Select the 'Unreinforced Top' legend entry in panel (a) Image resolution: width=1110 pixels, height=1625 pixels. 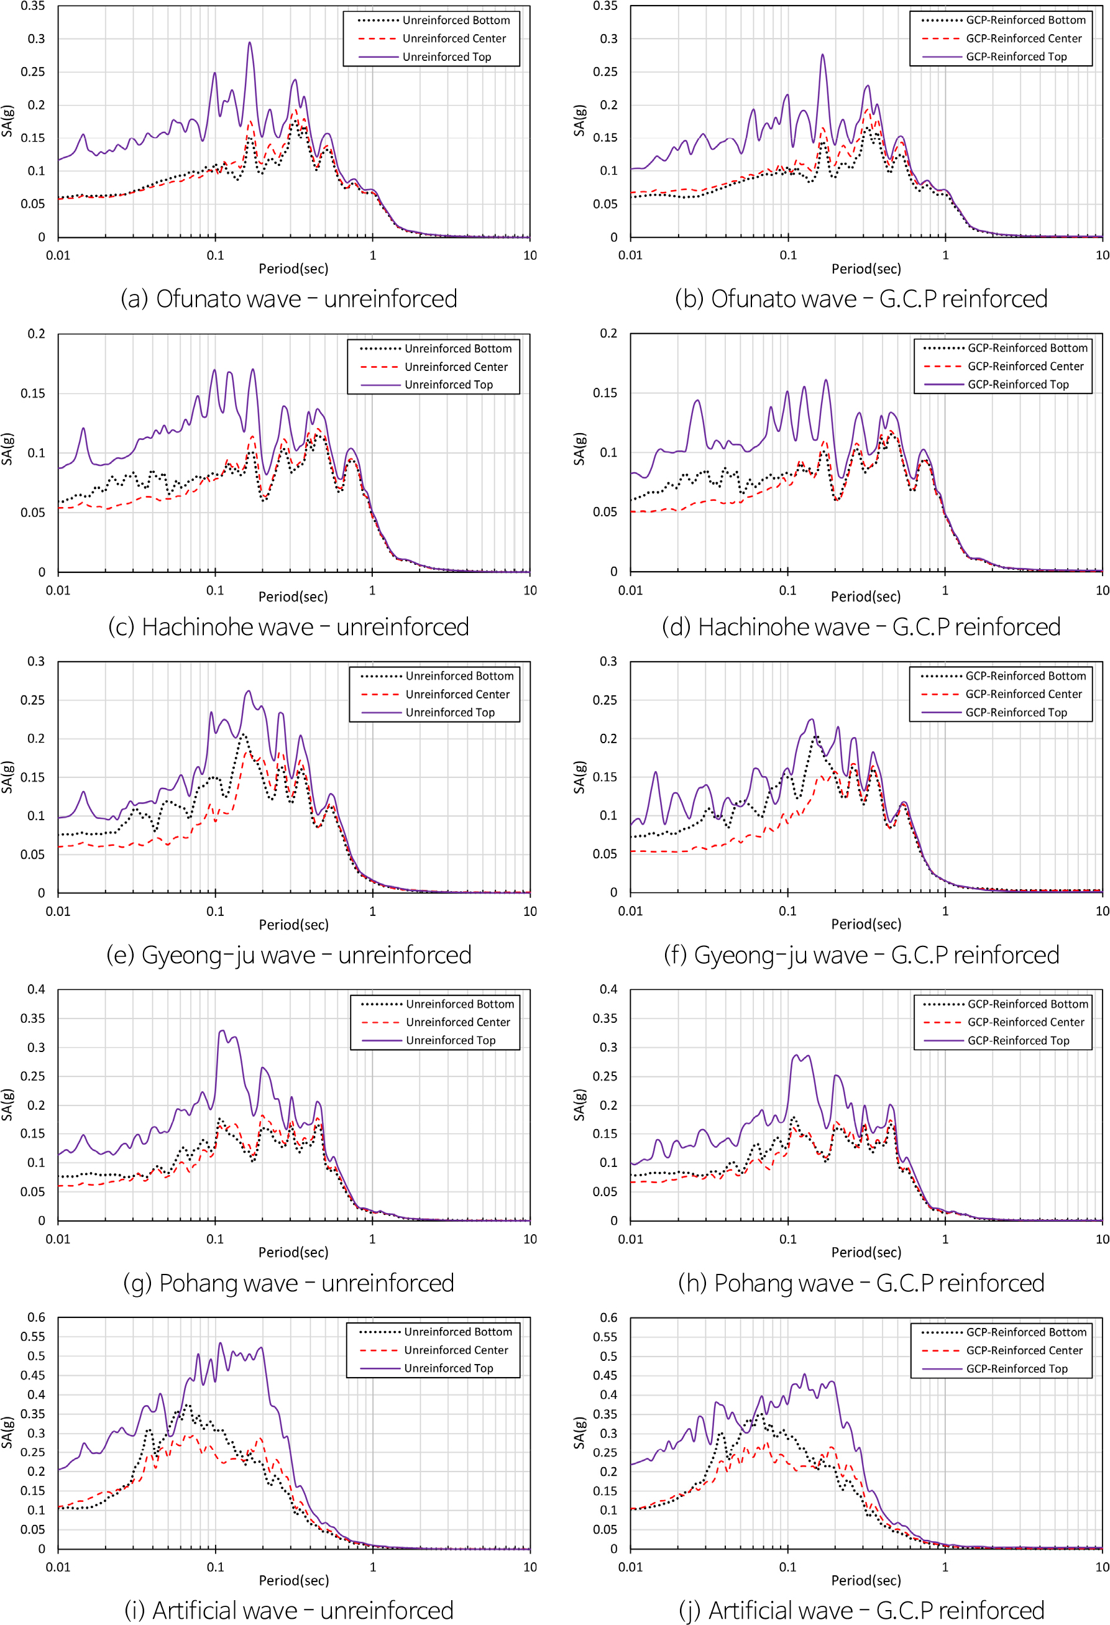[x=446, y=57]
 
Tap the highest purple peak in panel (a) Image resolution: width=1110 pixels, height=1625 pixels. [x=250, y=43]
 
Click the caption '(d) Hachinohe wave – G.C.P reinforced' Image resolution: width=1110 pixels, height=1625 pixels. [x=861, y=627]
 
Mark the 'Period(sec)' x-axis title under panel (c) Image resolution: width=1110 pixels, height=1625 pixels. [x=293, y=597]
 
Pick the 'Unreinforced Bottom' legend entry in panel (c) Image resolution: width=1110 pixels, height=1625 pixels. [x=457, y=349]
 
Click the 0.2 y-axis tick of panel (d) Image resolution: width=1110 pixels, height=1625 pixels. [x=608, y=334]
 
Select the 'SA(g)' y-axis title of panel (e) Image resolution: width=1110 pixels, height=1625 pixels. [x=7, y=777]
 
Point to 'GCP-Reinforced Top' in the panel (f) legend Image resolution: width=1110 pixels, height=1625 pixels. [x=1016, y=713]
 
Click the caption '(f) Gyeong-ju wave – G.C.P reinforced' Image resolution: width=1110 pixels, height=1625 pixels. [x=861, y=955]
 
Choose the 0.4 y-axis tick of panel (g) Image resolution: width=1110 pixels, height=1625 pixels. [x=37, y=989]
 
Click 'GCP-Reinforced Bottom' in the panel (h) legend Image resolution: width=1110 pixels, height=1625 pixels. [x=1027, y=1004]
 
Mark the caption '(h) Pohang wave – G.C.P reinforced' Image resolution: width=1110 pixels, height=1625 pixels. [x=861, y=1283]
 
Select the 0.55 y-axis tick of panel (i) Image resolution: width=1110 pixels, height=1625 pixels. [x=33, y=1337]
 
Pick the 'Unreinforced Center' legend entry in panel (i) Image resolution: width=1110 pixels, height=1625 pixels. [x=456, y=1350]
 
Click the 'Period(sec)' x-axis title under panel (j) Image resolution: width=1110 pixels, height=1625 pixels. [x=866, y=1580]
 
